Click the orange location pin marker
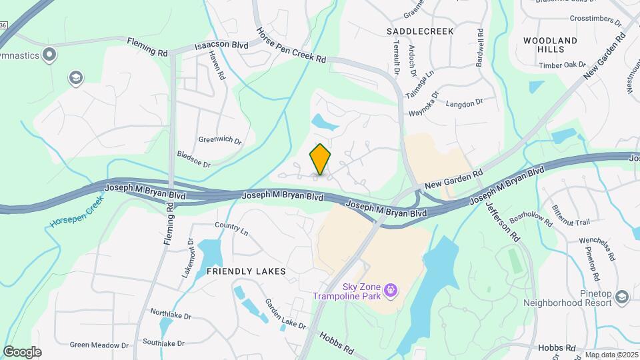point(321,159)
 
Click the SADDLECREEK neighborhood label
point(420,31)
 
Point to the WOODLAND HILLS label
point(550,45)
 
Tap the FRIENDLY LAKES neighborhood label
point(246,271)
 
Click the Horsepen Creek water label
point(77,213)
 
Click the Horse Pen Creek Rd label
point(291,45)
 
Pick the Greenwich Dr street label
point(219,140)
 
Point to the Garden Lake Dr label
point(285,313)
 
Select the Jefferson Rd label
point(502,218)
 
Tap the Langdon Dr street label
point(463,103)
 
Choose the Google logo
point(22,351)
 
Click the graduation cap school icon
point(76,79)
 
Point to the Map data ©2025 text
point(611,355)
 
